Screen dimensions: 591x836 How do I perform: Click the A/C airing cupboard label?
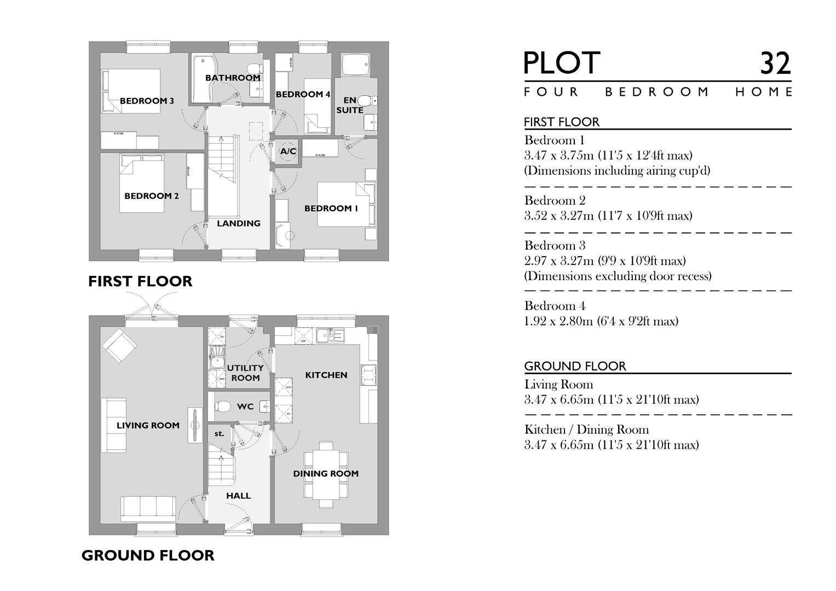click(x=288, y=151)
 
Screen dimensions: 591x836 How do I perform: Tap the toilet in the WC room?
click(x=222, y=406)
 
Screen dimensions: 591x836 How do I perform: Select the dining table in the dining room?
click(x=326, y=474)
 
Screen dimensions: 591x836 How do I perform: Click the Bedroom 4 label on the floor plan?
click(x=303, y=94)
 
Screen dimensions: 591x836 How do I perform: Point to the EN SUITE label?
click(x=350, y=105)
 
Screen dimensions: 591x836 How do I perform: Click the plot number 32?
click(x=775, y=63)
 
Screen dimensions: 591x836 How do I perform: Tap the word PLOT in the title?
click(x=562, y=63)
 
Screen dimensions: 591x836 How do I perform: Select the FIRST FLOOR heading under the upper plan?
click(x=140, y=281)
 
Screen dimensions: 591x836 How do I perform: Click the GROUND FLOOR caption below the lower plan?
click(x=148, y=555)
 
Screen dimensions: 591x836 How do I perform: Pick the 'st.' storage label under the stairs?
click(x=219, y=433)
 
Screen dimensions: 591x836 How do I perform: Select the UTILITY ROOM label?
click(x=245, y=373)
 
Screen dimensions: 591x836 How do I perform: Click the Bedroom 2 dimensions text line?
click(x=608, y=216)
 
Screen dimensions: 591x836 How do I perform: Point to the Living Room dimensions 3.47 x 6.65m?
click(x=611, y=399)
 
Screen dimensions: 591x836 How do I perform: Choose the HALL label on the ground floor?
click(x=239, y=496)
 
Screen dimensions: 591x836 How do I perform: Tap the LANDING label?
click(x=239, y=223)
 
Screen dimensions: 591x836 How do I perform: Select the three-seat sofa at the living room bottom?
click(x=148, y=508)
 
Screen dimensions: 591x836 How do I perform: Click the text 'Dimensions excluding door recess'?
click(x=618, y=276)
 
